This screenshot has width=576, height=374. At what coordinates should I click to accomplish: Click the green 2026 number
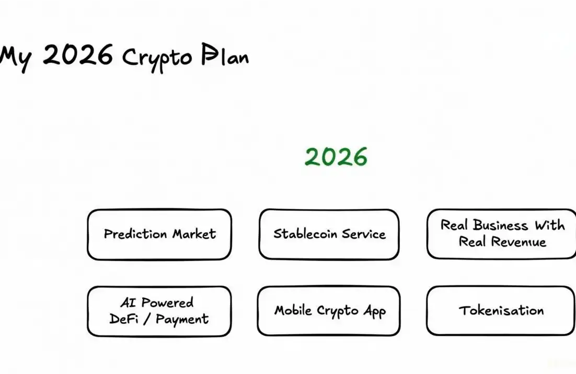pos(336,156)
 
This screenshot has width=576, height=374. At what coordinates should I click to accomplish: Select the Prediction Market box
pos(159,235)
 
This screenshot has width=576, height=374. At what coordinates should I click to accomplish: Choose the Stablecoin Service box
pos(329,235)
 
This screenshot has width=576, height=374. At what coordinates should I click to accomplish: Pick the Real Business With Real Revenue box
pos(501,233)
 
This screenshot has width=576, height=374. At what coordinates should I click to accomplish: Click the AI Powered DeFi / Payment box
pos(159,311)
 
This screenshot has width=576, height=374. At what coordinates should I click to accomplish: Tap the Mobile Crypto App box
pos(329,311)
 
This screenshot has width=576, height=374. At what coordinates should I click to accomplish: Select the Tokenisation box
pos(501,311)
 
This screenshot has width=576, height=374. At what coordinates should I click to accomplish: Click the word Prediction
pos(135,233)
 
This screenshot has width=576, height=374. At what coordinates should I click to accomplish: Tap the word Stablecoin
pos(305,233)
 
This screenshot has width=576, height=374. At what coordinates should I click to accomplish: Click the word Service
pos(364,233)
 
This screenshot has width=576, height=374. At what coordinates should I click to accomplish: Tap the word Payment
pos(182,319)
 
